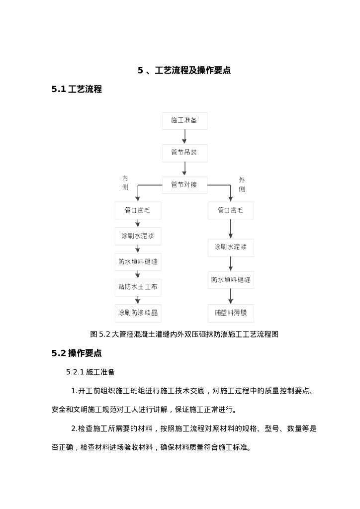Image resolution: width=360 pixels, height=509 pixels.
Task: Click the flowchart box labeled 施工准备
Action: tap(184, 121)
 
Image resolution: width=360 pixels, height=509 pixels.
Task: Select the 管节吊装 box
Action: tap(184, 152)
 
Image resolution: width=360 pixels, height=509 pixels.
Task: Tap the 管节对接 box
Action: tap(184, 185)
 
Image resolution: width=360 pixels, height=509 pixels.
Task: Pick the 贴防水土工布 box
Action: tap(138, 287)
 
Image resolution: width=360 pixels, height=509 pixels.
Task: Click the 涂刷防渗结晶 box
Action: tap(138, 313)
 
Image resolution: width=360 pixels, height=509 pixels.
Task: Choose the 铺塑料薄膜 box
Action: tap(231, 313)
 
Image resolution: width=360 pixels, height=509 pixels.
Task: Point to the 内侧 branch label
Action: tap(125, 182)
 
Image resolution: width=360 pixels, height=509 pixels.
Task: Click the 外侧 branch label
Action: tap(242, 184)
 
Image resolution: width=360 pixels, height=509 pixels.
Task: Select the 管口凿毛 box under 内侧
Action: tap(138, 210)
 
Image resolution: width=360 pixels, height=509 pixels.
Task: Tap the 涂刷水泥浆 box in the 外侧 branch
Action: tap(231, 247)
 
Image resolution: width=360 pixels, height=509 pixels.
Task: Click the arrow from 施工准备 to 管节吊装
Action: tap(184, 136)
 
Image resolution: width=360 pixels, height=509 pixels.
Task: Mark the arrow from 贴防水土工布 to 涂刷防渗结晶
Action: tap(138, 300)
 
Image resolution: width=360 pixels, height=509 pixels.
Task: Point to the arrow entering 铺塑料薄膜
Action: tap(231, 297)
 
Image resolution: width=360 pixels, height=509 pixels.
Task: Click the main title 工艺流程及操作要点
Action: tap(192, 71)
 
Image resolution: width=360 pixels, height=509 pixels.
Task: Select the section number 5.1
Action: tap(59, 89)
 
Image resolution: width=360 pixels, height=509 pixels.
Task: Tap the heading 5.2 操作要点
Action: tap(77, 353)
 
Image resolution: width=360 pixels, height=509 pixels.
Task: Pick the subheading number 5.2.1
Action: tap(75, 372)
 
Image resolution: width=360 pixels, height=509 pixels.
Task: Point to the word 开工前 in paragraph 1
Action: tap(88, 391)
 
